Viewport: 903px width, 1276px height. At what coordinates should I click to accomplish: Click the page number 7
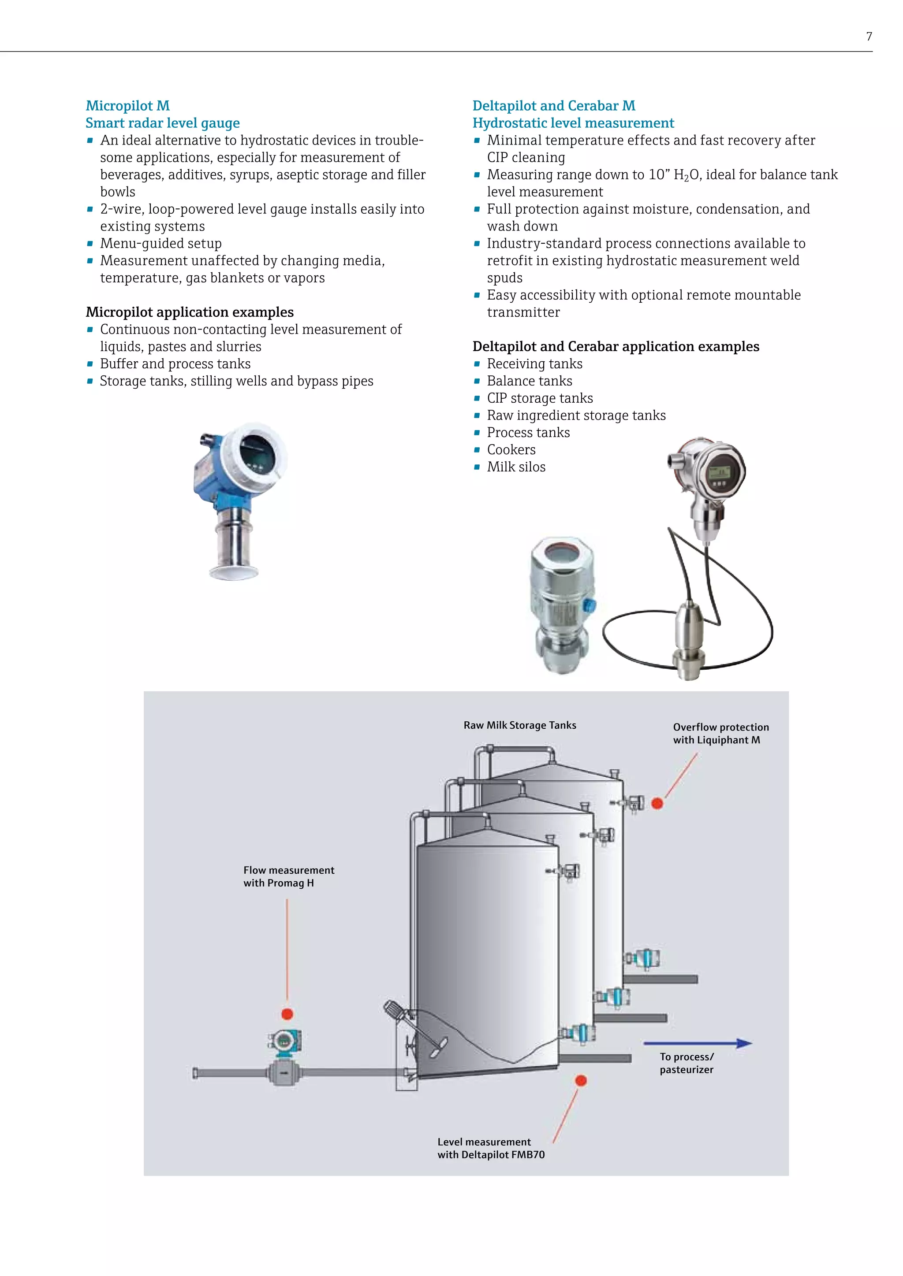click(x=869, y=37)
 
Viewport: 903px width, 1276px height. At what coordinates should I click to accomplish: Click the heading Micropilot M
click(x=127, y=106)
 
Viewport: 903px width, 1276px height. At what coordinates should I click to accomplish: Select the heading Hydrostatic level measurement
click(x=573, y=123)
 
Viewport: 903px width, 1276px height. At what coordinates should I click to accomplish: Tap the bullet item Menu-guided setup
click(x=160, y=243)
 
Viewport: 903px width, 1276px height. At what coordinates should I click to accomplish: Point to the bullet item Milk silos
click(x=516, y=467)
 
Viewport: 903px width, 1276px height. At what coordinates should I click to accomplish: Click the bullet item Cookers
click(x=511, y=449)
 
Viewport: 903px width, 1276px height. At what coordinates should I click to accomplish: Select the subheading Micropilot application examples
click(x=190, y=312)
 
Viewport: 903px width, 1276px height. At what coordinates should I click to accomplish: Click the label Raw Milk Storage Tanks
click(x=520, y=725)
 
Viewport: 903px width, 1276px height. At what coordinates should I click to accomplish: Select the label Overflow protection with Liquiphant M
click(x=720, y=733)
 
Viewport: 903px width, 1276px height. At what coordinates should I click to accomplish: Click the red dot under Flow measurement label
click(x=287, y=1014)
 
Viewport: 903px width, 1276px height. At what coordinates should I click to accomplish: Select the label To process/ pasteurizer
click(x=687, y=1063)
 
